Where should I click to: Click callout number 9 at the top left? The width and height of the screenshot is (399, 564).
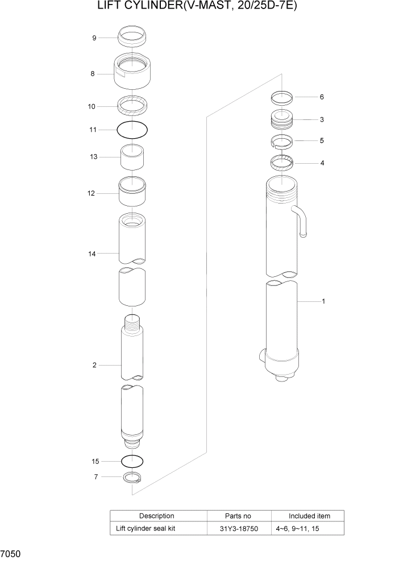tap(94, 38)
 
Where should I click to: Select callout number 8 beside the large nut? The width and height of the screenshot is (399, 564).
tap(92, 73)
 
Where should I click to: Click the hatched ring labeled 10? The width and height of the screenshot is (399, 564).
tap(132, 105)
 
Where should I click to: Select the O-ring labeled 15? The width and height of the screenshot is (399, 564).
tap(132, 461)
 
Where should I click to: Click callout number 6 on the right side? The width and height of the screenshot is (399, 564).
tap(322, 97)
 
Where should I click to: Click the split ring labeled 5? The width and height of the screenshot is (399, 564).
tap(281, 141)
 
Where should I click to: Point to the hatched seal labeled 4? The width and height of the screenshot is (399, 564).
tap(281, 163)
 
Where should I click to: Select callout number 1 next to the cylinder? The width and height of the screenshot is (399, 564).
tap(323, 301)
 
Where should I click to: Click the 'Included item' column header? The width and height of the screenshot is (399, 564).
tap(309, 516)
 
